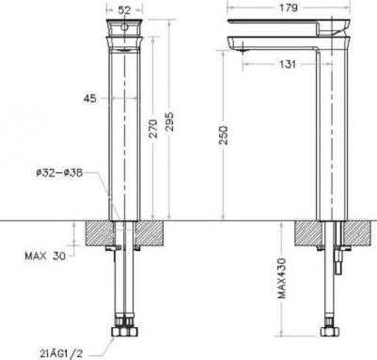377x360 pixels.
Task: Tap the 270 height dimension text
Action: click(154, 133)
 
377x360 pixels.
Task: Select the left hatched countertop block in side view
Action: click(308, 233)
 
